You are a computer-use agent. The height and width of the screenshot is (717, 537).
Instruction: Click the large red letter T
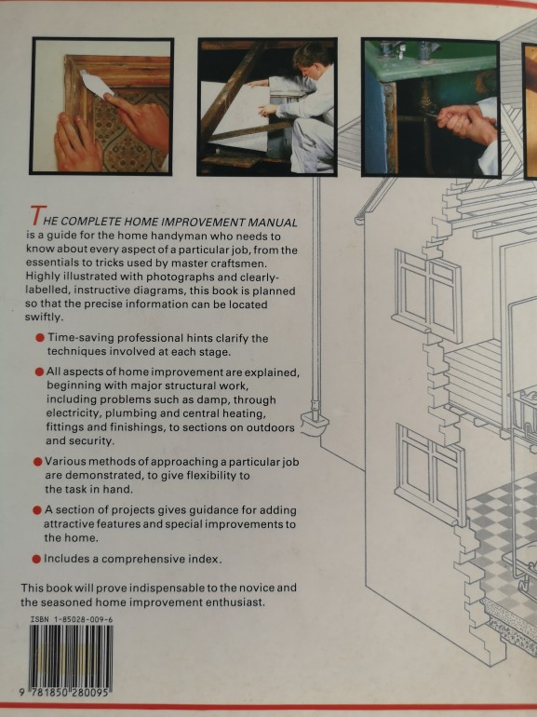pyautogui.click(x=38, y=215)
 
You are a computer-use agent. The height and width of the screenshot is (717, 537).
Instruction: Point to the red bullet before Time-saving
pyautogui.click(x=40, y=338)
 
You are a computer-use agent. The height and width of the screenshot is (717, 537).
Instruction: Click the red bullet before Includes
pyautogui.click(x=36, y=559)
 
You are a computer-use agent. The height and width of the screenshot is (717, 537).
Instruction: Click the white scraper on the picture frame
pyautogui.click(x=97, y=84)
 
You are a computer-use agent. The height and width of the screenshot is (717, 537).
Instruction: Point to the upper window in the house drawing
pyautogui.click(x=427, y=295)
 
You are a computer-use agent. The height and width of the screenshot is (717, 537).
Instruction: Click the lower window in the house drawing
pyautogui.click(x=432, y=474)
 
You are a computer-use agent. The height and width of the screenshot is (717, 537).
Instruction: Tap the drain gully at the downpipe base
pyautogui.click(x=315, y=423)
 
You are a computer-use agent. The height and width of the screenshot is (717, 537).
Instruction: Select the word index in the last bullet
pyautogui.click(x=205, y=559)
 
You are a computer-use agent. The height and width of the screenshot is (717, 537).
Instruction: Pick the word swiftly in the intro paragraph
pyautogui.click(x=43, y=318)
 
